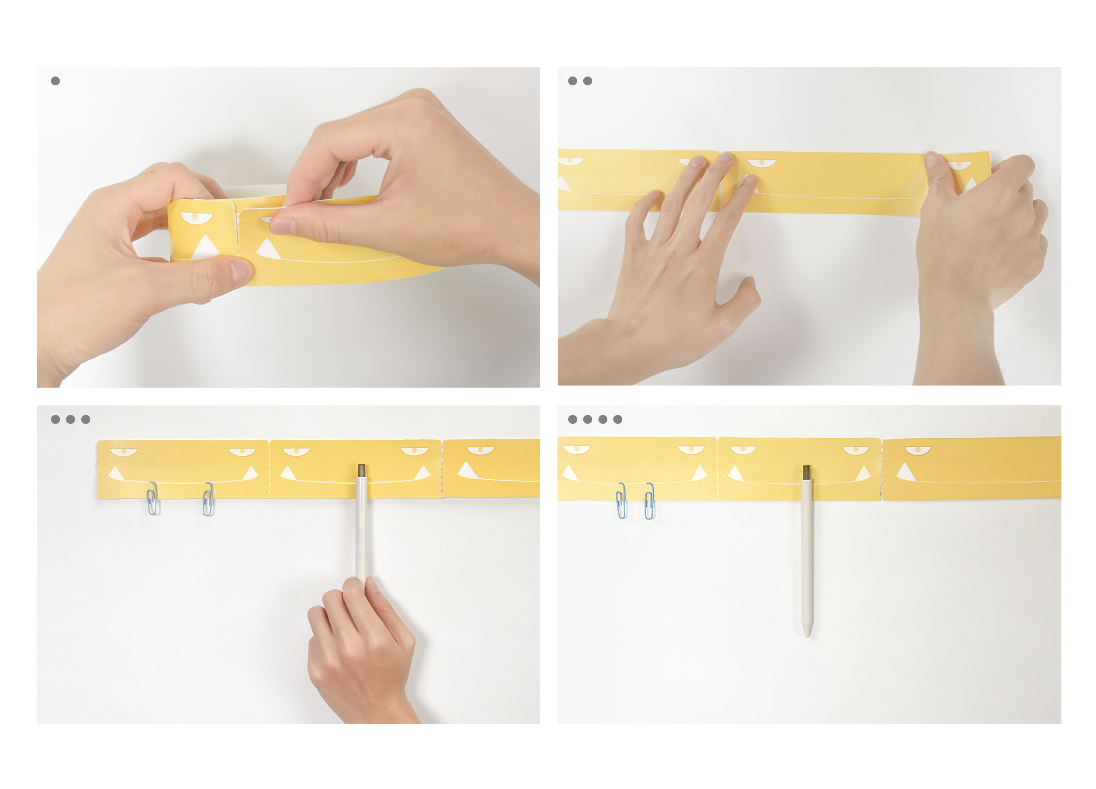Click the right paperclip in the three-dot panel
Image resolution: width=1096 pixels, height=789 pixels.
pos(208,499)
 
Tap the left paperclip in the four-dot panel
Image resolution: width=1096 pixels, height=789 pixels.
pos(621,501)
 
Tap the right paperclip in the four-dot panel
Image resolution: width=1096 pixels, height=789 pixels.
pos(649,501)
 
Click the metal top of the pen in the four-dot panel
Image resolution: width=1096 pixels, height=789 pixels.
pos(806,472)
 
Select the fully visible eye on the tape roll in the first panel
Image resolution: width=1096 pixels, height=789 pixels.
pos(196,217)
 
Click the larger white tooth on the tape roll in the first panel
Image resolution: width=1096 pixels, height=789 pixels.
pos(206,246)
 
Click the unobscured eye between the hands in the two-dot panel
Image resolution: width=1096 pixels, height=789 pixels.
pos(761,164)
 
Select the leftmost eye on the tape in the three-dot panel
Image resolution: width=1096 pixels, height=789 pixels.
pos(124,452)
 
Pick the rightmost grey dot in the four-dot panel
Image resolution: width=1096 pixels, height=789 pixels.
pos(617,419)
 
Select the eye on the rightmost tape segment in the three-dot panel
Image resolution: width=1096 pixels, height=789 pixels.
pos(480,450)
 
